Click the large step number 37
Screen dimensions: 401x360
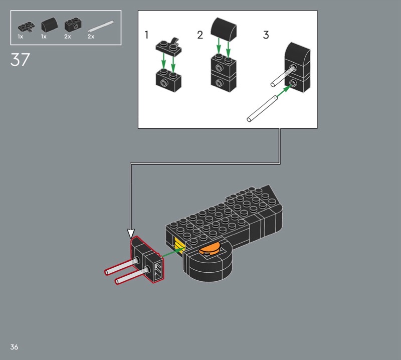click(20, 60)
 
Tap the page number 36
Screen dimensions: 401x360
click(14, 347)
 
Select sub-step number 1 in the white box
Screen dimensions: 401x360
click(146, 35)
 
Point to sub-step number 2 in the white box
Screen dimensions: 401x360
click(200, 35)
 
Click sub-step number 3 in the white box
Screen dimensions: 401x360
click(266, 35)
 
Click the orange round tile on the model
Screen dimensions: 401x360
click(210, 249)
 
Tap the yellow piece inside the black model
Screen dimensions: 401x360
click(178, 245)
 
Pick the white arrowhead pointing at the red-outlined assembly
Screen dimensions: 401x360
click(131, 234)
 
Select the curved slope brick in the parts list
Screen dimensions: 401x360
click(49, 25)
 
